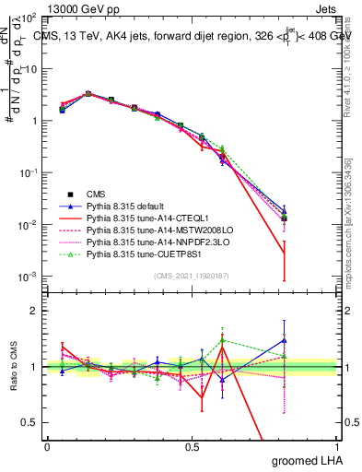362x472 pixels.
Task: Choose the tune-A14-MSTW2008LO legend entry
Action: (x=144, y=231)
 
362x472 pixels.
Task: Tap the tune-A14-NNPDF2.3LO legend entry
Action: (x=143, y=243)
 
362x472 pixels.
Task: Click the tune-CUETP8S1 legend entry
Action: (x=136, y=255)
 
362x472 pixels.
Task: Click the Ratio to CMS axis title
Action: (x=12, y=366)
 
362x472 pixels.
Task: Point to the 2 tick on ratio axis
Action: (x=34, y=311)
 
